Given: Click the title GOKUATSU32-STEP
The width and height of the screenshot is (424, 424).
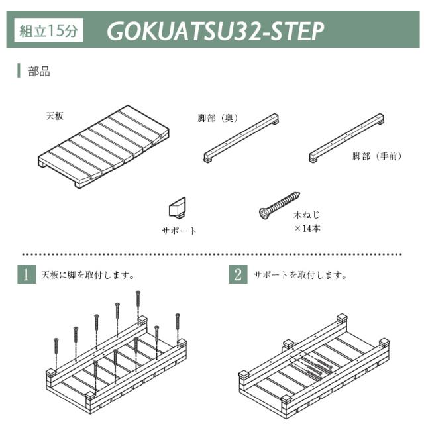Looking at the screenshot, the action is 215,31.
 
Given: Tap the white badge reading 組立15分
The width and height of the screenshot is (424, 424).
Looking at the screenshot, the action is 48,30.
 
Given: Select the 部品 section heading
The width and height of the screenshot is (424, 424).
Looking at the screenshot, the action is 39,72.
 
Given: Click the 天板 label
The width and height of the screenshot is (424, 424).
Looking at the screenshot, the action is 55,116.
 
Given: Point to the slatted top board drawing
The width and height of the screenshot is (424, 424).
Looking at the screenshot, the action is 103,147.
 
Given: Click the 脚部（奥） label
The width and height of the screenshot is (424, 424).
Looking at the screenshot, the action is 218,118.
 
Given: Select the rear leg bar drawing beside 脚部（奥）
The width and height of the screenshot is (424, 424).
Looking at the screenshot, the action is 241,138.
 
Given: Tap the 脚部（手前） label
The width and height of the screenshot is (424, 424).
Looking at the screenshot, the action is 377,156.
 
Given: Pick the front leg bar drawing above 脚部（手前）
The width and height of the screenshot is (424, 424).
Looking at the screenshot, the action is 346,138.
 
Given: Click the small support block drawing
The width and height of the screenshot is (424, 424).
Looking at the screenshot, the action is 178,207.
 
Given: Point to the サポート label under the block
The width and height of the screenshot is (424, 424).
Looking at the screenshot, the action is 179,231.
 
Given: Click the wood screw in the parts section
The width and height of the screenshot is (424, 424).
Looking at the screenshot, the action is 280,205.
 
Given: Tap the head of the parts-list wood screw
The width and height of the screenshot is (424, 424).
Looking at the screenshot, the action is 264,213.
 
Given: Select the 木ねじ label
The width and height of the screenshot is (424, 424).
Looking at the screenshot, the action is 307,215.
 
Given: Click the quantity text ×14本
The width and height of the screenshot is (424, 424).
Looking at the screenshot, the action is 307,229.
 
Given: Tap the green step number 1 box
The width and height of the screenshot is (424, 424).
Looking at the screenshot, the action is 26,274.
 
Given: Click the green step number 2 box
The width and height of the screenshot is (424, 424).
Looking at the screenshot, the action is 238,274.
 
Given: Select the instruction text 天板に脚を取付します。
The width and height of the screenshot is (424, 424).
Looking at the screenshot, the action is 88,275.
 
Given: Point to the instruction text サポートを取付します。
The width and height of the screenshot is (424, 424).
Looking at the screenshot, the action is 300,275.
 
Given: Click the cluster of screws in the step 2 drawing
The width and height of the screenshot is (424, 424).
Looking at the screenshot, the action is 315,366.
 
